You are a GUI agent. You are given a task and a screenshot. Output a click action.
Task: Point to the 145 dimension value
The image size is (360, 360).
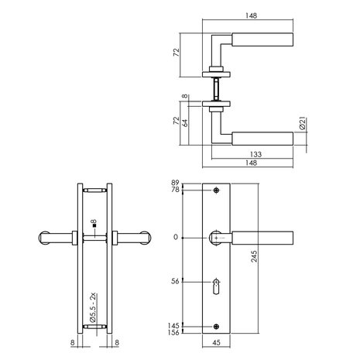(x=175, y=325)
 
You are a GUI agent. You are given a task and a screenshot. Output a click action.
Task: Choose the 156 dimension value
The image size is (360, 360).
(x=175, y=333)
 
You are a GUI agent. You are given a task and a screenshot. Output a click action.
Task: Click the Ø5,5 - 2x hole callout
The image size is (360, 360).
(x=92, y=308)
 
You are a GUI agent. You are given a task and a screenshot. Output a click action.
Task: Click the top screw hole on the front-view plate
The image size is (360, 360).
(x=217, y=190)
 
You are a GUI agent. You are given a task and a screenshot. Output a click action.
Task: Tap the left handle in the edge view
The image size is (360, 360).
(x=54, y=238)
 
